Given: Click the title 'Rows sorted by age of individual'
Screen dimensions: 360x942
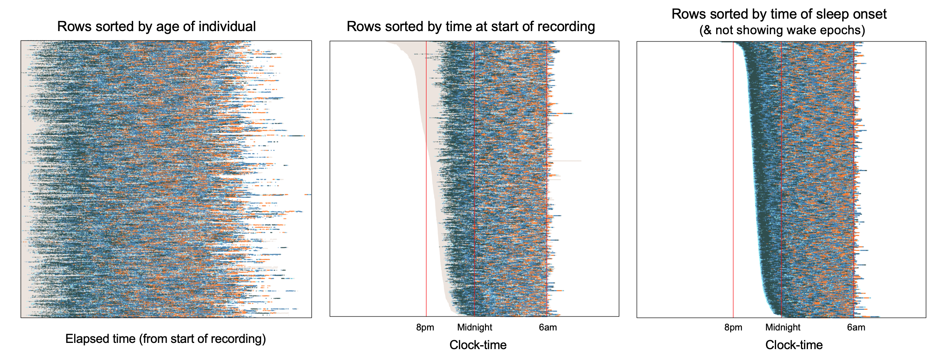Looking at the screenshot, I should pos(156,26).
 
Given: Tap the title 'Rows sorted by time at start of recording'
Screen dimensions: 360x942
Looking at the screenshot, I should pos(471,26).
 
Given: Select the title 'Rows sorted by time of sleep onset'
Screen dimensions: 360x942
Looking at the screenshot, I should pos(779,14).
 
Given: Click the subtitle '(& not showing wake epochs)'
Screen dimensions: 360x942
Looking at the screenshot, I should pos(782,30).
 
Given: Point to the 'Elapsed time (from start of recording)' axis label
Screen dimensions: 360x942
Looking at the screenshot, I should pos(166,339).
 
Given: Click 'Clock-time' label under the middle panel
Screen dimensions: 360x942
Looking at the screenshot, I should pos(478,345).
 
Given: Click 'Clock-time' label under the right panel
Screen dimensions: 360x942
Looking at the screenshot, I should pos(794,345).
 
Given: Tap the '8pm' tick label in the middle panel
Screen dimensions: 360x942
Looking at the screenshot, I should pos(425,327).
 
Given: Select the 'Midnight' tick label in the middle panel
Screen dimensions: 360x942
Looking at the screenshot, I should pos(474,327).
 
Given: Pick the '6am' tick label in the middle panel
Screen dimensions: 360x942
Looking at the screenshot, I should pos(548,327).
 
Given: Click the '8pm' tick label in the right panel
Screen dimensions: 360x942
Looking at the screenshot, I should pos(733,327).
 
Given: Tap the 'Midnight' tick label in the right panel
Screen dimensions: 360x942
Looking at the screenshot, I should pos(783,327).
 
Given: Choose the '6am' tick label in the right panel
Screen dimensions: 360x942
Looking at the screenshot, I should pos(856,327).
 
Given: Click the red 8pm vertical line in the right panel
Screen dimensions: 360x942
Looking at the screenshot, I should pos(733,175).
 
